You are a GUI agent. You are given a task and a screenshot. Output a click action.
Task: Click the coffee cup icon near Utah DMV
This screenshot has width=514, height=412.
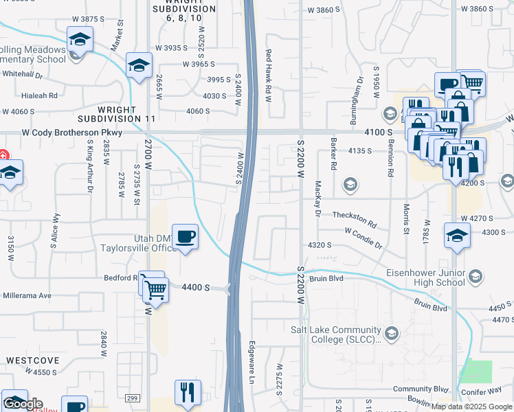(x=186, y=237)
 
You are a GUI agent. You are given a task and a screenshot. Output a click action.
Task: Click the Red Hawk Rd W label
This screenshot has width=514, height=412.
(x=269, y=76)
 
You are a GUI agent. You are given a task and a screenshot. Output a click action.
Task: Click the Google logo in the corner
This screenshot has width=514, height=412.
(x=22, y=404)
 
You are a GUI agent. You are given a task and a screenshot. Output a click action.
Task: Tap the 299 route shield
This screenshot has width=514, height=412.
(x=133, y=398)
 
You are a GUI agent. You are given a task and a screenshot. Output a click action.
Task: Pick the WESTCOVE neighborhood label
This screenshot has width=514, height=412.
(x=28, y=360)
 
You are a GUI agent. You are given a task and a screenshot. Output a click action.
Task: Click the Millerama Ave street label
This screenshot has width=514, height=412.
(x=26, y=295)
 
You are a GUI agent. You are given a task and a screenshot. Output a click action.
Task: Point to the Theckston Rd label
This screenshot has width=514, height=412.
(x=355, y=220)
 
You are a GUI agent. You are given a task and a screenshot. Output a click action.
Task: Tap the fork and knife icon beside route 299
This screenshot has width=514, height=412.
(x=187, y=393)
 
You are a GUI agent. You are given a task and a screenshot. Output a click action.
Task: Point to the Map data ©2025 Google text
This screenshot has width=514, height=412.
(x=471, y=407)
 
